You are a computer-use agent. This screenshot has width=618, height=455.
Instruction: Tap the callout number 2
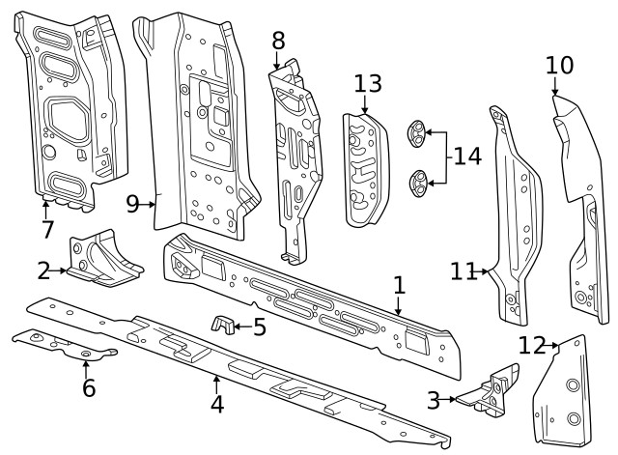coord(43,270)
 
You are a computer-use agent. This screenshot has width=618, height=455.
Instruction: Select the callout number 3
coord(434,397)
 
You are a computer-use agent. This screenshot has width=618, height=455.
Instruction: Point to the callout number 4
coord(217,403)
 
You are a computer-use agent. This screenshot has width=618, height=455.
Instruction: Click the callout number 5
coord(259,327)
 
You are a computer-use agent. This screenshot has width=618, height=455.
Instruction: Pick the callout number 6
coord(88,387)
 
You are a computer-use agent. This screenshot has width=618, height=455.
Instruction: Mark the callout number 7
coord(46,230)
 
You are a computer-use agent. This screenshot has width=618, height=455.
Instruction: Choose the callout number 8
coord(278,41)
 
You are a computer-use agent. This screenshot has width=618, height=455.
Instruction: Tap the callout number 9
coord(134,203)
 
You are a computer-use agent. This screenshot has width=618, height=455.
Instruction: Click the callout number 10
coord(559,66)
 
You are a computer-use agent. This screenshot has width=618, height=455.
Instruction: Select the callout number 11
coord(463,271)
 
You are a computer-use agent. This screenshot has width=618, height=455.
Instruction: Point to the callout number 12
coord(531,345)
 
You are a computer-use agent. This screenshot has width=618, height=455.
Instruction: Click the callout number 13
coord(368,83)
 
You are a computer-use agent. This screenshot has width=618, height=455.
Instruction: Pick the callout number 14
coord(467,155)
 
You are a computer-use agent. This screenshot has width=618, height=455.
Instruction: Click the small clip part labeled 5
coord(223,325)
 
